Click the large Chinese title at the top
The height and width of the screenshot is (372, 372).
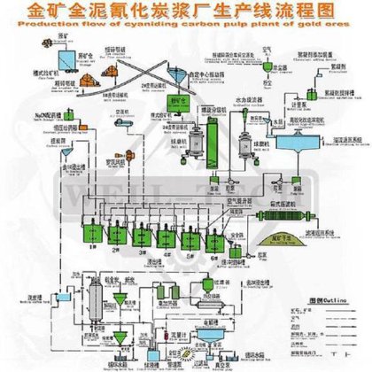click(186, 13)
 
